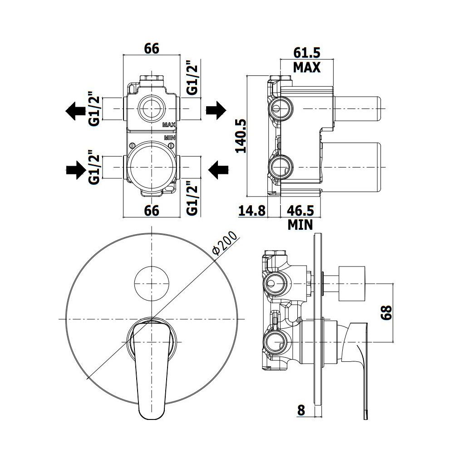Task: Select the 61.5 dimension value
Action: coord(307,53)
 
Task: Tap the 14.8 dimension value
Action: coord(252,211)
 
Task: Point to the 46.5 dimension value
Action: coord(300,211)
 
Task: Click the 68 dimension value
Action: coord(386,312)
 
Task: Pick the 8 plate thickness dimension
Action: coord(301,410)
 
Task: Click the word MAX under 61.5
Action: coord(307,67)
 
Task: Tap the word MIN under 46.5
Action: coord(300,225)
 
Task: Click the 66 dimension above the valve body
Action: coord(152,48)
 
